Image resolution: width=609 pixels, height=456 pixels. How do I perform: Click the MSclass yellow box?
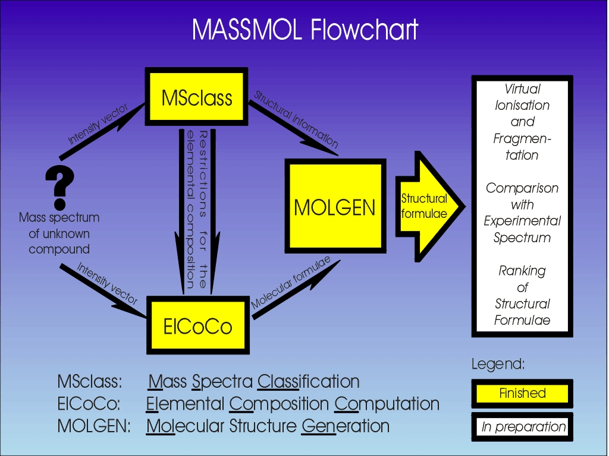197,97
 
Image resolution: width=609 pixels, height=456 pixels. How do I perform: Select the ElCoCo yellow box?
197,325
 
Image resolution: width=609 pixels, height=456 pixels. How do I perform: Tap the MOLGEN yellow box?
335,207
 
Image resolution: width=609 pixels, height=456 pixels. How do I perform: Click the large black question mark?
59,182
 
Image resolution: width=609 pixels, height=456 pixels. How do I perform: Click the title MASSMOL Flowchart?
305,30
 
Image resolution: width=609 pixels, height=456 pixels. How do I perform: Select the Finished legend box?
522,393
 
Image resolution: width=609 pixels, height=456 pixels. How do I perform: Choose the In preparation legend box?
523,427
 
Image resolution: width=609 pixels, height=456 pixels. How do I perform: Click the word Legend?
498,364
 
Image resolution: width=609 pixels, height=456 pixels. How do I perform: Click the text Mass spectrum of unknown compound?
59,233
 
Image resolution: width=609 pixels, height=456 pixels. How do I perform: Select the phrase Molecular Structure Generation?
268,426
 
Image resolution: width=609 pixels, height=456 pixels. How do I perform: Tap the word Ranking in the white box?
522,271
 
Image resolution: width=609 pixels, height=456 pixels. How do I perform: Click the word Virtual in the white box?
522,89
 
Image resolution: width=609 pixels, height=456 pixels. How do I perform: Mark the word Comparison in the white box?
522,188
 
